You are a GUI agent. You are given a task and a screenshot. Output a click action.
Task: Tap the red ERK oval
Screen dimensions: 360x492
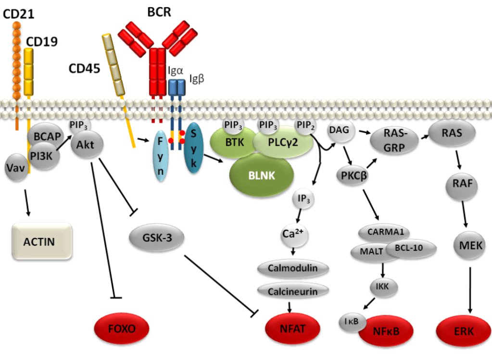tap(463, 331)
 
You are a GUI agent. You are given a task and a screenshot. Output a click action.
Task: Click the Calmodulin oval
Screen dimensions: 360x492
tap(293, 268)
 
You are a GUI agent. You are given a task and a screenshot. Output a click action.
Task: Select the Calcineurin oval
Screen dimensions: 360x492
tap(293, 290)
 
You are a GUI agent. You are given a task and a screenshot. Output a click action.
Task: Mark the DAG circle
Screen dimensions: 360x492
tap(340, 130)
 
